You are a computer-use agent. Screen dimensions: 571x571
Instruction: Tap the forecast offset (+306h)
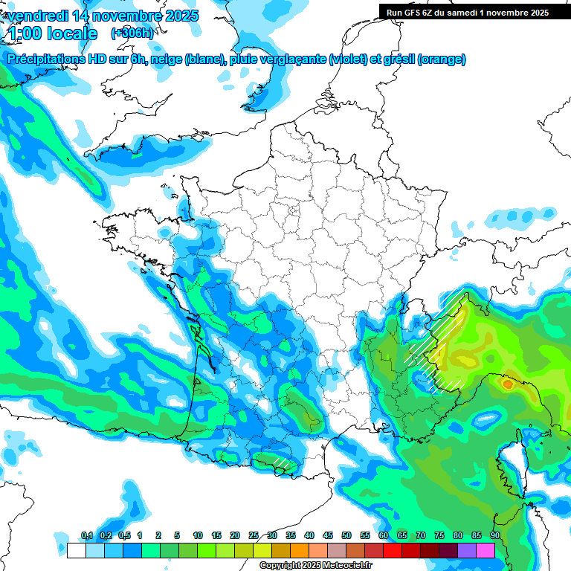[x=132, y=33]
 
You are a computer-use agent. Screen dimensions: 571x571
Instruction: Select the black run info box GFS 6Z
[x=468, y=12]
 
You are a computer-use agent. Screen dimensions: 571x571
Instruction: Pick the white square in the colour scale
[x=75, y=550]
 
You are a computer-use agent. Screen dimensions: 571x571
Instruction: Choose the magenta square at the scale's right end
[x=485, y=550]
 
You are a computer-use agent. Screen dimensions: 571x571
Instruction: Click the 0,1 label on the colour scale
[x=86, y=536]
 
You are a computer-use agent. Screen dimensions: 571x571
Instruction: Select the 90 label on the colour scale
[x=494, y=536]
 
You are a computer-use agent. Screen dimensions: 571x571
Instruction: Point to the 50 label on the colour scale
[x=346, y=536]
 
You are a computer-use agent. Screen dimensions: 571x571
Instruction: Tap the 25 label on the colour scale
[x=254, y=536]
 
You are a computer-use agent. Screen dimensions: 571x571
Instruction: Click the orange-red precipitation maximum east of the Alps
[x=508, y=384]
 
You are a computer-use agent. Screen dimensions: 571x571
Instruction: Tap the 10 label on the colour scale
[x=198, y=536]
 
